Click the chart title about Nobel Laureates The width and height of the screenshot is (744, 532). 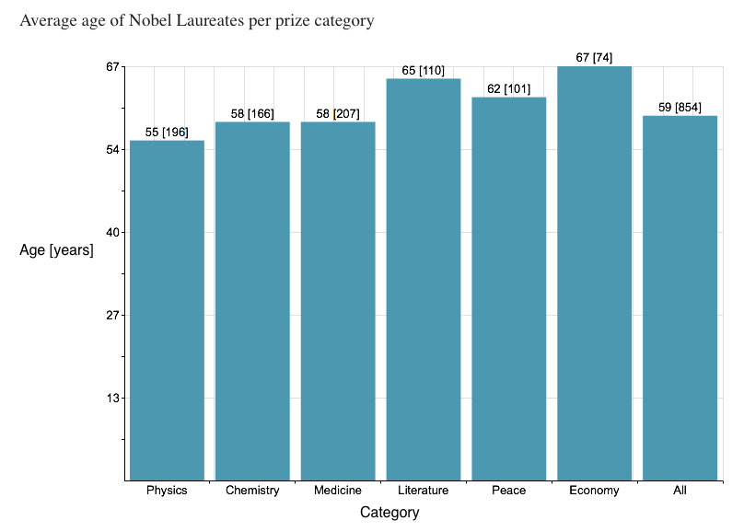tap(197, 21)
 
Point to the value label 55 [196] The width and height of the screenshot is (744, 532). tap(167, 133)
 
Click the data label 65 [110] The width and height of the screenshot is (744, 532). tap(424, 71)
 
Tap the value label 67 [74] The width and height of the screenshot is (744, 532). tap(594, 58)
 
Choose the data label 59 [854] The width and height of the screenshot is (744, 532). tap(680, 108)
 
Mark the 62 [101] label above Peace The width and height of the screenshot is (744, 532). tap(509, 89)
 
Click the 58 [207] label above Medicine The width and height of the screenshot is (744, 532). tap(338, 114)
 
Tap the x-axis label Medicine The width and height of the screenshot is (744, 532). tap(338, 491)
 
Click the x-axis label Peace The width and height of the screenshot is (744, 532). tap(509, 491)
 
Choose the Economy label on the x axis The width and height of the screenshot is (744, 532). tap(595, 491)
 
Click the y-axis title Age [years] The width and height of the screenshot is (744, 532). tap(57, 249)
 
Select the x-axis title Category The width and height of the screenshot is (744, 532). tap(389, 513)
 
